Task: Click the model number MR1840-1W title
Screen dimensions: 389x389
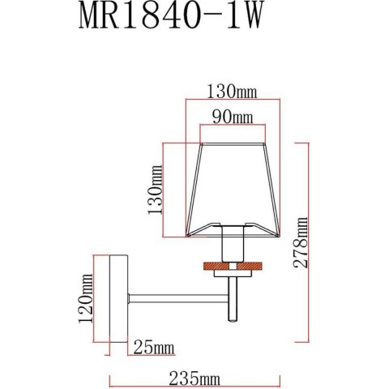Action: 170,15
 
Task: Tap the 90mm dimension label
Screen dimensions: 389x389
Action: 233,118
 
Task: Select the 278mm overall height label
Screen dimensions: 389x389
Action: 301,242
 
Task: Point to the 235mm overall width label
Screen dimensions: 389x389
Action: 194,378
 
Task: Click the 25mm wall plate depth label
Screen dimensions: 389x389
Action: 154,348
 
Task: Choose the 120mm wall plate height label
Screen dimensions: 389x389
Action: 86,298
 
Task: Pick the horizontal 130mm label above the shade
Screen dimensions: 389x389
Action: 232,92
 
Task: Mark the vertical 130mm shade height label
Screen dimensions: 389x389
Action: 156,190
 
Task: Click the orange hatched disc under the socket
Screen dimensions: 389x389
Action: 233,266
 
